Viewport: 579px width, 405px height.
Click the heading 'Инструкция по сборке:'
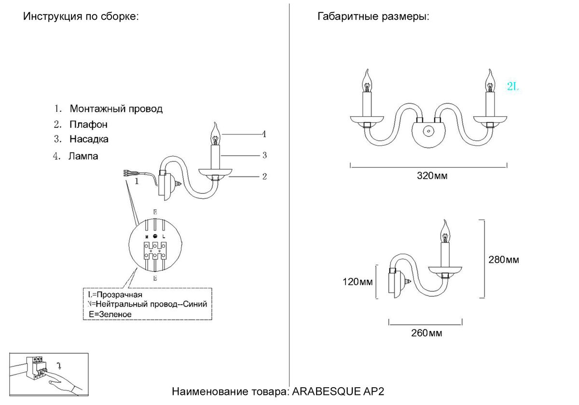click(x=81, y=17)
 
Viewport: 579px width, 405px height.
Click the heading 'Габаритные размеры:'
click(x=373, y=17)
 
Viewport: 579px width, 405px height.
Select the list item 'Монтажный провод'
click(x=116, y=109)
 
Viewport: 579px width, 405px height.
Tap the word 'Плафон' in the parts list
click(x=88, y=124)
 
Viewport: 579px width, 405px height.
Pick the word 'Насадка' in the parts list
click(x=89, y=139)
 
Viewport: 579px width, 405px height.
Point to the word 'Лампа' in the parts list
click(x=83, y=156)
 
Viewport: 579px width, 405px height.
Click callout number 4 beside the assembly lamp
click(x=264, y=134)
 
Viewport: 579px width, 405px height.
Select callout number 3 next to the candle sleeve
click(x=264, y=155)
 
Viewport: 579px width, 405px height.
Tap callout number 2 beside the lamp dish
click(x=264, y=176)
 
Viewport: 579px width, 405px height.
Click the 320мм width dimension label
click(x=432, y=176)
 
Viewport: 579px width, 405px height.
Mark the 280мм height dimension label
click(x=504, y=260)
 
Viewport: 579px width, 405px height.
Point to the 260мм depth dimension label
click(x=427, y=333)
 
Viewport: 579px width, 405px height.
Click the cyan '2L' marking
click(x=512, y=87)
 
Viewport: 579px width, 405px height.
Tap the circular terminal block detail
click(x=155, y=246)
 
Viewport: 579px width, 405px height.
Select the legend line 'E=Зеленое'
click(x=110, y=314)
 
